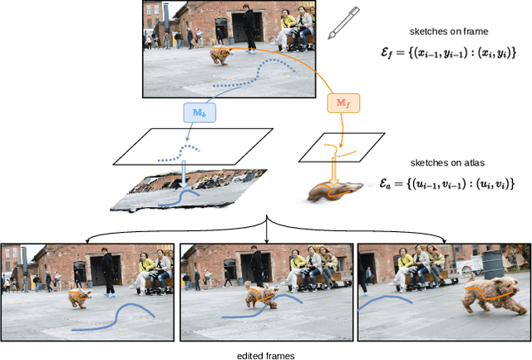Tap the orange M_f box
pos(342,102)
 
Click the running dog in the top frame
pos(221,56)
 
